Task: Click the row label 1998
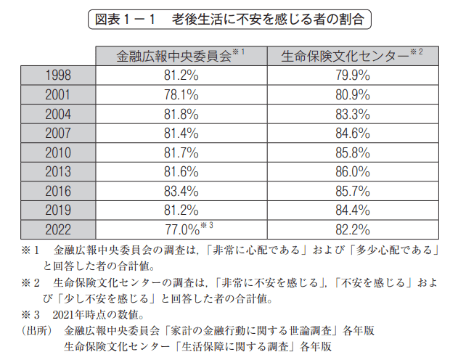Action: pos(58,75)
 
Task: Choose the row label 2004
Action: pos(58,114)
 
